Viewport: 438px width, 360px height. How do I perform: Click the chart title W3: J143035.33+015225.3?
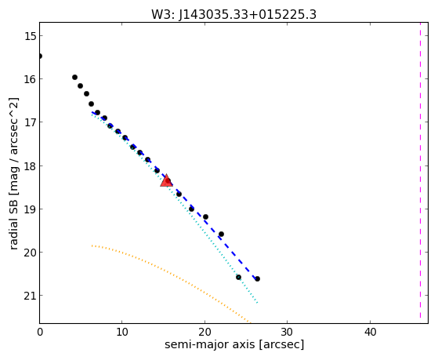(233, 15)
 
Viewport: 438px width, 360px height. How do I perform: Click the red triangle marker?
(166, 180)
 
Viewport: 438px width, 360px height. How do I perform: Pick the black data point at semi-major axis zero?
(40, 56)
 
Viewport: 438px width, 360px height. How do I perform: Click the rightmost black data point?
(257, 278)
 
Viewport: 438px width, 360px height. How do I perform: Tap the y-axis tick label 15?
(30, 36)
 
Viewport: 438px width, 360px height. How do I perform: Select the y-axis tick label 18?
(30, 165)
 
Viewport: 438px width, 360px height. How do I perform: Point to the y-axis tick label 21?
(30, 296)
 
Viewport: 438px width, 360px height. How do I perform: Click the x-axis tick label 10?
(121, 332)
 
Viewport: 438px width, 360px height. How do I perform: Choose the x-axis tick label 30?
(287, 332)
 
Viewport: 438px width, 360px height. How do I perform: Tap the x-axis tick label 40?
(370, 332)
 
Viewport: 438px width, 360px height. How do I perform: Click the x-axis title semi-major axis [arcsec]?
(234, 344)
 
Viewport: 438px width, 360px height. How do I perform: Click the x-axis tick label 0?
(40, 332)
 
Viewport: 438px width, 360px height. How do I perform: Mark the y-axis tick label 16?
(30, 79)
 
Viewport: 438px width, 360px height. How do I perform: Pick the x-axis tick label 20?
(205, 332)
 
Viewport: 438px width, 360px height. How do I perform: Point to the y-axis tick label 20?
(30, 253)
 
